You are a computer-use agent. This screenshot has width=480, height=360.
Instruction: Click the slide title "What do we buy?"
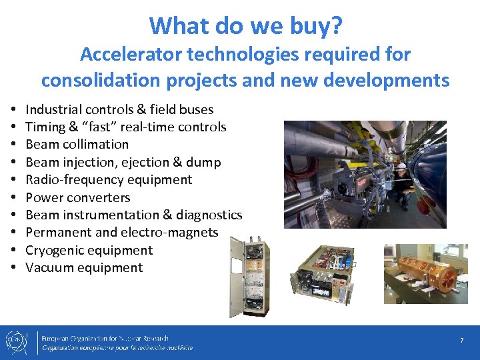(x=246, y=25)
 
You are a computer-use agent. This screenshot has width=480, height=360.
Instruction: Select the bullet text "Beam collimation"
(x=77, y=144)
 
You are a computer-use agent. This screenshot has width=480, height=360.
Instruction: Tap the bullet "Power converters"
(x=77, y=197)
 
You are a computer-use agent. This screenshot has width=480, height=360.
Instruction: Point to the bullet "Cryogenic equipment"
(x=89, y=250)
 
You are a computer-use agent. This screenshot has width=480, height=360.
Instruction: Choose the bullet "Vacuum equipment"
(x=84, y=267)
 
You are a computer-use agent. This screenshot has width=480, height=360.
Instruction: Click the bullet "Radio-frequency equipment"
(x=109, y=179)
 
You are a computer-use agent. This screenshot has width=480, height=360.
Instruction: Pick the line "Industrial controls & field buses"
(x=119, y=109)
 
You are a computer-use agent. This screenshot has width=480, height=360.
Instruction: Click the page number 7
(x=461, y=341)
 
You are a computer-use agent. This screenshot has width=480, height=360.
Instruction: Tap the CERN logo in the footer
(x=18, y=342)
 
